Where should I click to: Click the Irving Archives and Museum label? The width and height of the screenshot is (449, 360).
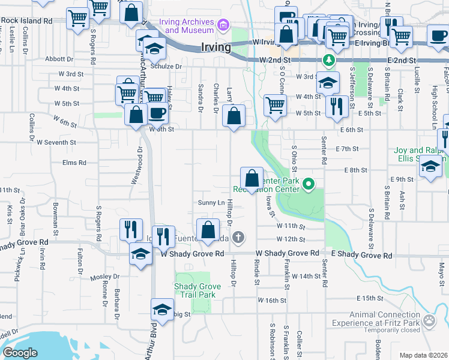tap(186, 26)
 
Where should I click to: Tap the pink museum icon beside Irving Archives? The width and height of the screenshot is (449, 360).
tap(223, 25)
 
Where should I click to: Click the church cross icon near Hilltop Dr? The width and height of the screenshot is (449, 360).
tap(238, 238)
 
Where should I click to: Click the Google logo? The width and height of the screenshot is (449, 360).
tap(20, 353)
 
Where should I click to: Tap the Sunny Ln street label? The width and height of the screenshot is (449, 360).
tap(212, 202)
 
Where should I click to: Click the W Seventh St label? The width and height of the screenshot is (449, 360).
tap(56, 142)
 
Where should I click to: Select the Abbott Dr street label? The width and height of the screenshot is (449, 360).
tap(59, 59)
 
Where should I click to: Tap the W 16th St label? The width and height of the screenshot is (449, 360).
tap(273, 299)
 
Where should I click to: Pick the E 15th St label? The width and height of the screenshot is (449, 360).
tap(369, 298)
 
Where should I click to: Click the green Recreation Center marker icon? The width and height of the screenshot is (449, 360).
tap(309, 184)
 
